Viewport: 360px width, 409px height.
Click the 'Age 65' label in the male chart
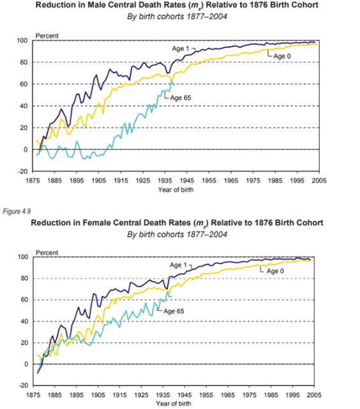tap(181, 98)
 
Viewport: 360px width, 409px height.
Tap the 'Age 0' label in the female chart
tap(275, 271)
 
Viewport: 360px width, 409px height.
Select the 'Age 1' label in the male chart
tap(180, 48)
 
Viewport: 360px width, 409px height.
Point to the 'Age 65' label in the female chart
tap(174, 311)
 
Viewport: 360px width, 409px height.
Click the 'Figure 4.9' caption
tap(17, 211)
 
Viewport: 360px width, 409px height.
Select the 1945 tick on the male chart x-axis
tap(187, 181)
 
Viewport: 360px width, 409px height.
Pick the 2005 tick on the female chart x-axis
tap(314, 395)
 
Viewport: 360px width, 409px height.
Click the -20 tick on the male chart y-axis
tap(23, 172)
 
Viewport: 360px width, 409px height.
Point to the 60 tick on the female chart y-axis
tap(24, 300)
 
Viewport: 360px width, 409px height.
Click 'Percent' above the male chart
tap(47, 36)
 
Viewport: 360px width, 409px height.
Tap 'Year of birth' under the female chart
tap(174, 403)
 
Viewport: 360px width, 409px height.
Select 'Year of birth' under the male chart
tap(176, 190)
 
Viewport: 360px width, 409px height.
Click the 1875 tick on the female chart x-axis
tap(33, 395)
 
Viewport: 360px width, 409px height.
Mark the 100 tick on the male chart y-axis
tap(22, 40)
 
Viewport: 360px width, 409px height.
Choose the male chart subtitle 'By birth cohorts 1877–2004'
tap(177, 17)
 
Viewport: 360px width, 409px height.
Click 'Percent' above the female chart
tap(47, 253)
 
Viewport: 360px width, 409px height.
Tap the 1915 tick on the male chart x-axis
tap(121, 181)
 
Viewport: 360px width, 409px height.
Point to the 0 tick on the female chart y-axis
tap(26, 364)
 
